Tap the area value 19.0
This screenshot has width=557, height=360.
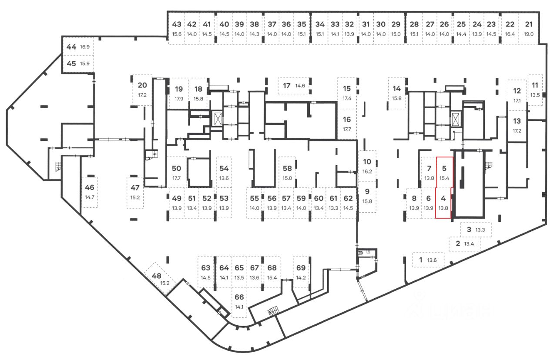coord(529,34)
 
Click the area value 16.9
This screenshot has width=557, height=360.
coord(85,47)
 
